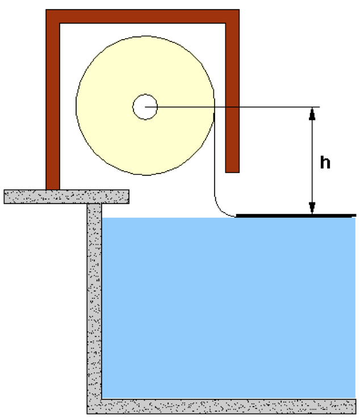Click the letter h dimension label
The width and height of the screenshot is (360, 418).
pyautogui.click(x=325, y=162)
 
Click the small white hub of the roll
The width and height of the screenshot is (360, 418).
pyautogui.click(x=145, y=107)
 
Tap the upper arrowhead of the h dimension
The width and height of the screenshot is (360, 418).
pyautogui.click(x=312, y=113)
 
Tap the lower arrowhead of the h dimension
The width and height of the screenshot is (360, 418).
pyautogui.click(x=312, y=208)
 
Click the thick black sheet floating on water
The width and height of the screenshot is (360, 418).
pyautogui.click(x=296, y=216)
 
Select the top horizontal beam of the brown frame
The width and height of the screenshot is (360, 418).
pyautogui.click(x=143, y=16)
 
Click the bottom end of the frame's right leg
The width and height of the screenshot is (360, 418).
pyautogui.click(x=232, y=172)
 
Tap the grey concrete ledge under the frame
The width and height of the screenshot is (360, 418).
pyautogui.click(x=66, y=197)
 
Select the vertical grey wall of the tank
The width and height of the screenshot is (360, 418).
pyautogui.click(x=94, y=301)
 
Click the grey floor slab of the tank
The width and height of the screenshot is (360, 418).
pyautogui.click(x=221, y=407)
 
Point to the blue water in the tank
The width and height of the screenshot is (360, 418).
pyautogui.click(x=229, y=308)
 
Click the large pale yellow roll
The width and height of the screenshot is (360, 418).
pyautogui.click(x=145, y=138)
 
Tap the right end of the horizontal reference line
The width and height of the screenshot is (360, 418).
pyautogui.click(x=320, y=107)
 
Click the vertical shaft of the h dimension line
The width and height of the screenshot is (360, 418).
pyautogui.click(x=312, y=161)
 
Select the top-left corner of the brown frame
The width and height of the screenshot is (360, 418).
pyautogui.click(x=46, y=10)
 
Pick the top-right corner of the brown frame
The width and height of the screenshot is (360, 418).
pyautogui.click(x=239, y=10)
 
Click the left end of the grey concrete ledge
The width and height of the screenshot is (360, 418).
pyautogui.click(x=4, y=197)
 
